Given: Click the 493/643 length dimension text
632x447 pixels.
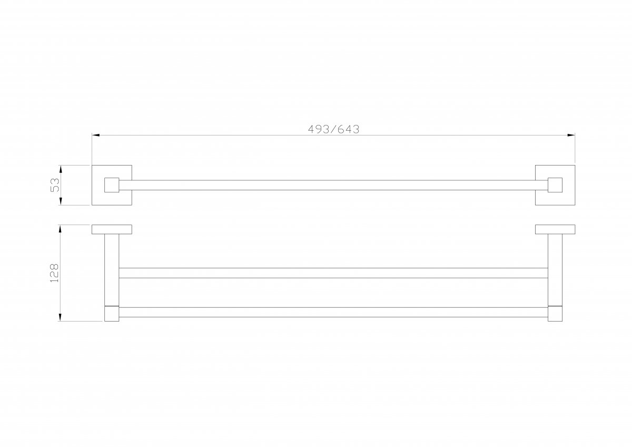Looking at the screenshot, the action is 333,129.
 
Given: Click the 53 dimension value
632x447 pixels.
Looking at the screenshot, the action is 55,185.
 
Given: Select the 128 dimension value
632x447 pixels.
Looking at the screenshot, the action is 54,273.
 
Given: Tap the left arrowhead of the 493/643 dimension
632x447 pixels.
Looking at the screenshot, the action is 96,135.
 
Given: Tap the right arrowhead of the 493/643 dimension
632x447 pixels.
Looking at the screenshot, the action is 571,135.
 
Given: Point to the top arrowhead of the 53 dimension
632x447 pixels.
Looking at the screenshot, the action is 61,169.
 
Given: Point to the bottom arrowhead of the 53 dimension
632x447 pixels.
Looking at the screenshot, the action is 61,201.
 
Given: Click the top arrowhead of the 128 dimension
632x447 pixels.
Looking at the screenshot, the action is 60,229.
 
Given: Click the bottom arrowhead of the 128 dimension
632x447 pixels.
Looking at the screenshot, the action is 60,317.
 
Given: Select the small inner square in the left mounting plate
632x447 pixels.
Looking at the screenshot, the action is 112,185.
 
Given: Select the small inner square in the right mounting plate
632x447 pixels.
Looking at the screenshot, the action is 555,185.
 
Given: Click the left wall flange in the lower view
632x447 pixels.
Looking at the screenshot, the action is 112,229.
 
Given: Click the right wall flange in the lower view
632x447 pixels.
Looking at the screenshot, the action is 555,229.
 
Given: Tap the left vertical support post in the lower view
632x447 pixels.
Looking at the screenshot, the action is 112,270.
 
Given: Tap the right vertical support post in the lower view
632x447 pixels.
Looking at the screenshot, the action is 555,270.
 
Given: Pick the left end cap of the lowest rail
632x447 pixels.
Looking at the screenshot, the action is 112,314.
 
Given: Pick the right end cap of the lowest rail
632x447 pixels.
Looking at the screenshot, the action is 555,314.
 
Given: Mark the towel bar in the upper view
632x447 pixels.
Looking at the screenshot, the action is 333,185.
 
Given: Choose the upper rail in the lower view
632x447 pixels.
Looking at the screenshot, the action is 333,273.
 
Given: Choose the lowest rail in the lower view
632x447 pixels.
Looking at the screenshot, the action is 333,312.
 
